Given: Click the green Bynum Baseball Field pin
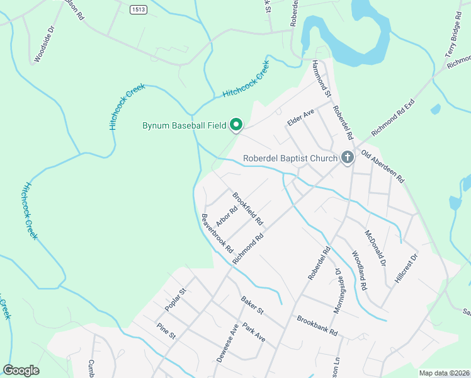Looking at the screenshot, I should click(236, 125).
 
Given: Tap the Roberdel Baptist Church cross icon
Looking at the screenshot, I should click(347, 157).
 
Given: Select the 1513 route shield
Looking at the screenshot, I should click(139, 9).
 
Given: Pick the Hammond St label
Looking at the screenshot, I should click(322, 79).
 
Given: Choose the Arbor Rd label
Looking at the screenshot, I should click(225, 216).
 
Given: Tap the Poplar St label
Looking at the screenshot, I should click(176, 299).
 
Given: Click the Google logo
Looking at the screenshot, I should click(21, 370).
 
